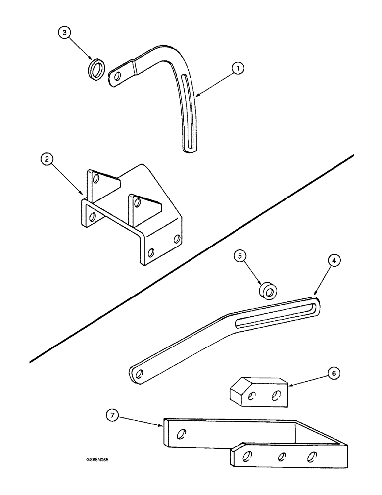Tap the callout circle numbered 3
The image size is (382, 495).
click(64, 33)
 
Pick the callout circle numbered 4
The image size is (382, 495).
click(334, 260)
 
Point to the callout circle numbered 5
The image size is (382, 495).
click(239, 256)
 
